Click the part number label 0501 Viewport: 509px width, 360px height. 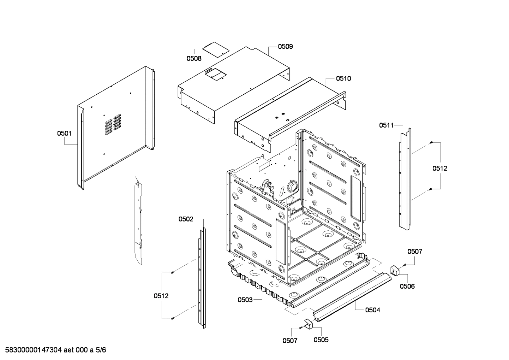pos(64,133)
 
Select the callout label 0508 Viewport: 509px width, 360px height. pos(194,59)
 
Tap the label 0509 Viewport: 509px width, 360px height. pos(285,46)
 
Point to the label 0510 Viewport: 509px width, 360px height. pos(343,78)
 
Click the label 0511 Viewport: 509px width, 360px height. pos(387,125)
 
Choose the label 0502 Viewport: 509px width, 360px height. pos(186,219)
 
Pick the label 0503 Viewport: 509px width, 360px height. pos(245,300)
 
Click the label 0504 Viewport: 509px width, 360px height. pos(372,310)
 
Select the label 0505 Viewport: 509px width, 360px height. pos(321,340)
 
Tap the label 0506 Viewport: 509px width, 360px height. pos(407,286)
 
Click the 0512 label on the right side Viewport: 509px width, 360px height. pos(440,168)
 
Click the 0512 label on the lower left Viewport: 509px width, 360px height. pos(161,296)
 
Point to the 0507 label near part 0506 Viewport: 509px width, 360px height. pos(415,252)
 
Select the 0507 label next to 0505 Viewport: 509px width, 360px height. pos(290,341)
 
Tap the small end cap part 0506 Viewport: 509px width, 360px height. pos(394,270)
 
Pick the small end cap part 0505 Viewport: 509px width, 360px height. pos(308,324)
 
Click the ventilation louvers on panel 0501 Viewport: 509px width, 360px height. pos(113,124)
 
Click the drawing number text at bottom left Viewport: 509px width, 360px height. pos(53,350)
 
